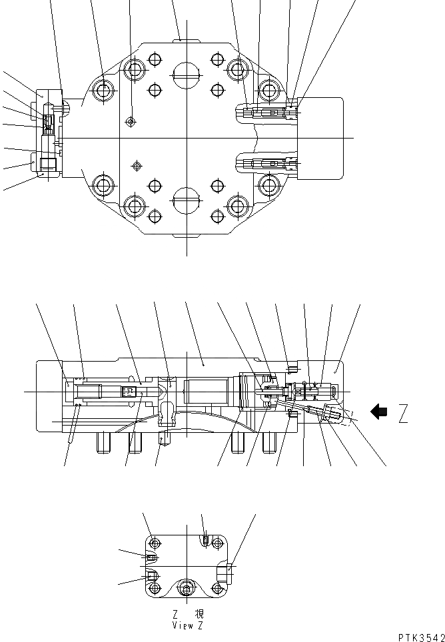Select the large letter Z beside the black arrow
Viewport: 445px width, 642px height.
click(x=404, y=414)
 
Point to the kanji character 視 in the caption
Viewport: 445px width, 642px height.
click(x=198, y=615)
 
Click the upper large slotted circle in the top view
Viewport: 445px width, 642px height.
click(x=186, y=74)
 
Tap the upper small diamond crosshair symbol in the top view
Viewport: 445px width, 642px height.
click(x=131, y=121)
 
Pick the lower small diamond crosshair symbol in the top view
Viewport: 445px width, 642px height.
click(x=137, y=164)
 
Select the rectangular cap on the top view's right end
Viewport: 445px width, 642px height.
click(x=322, y=138)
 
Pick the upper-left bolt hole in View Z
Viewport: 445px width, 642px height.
click(x=155, y=541)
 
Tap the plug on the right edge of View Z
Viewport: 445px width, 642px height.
click(x=229, y=569)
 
